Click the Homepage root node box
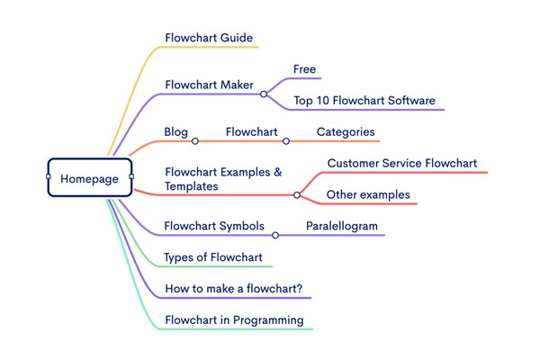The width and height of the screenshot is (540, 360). [x=90, y=178]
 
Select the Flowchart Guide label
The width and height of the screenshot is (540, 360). [x=209, y=38]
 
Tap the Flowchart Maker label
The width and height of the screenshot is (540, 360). [x=209, y=85]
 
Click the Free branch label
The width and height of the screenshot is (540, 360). [x=304, y=69]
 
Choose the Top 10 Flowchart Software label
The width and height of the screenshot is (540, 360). [x=364, y=100]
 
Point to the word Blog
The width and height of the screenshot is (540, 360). [x=175, y=132]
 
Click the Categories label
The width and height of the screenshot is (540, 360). [x=346, y=132]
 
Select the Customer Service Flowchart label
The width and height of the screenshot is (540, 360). [x=401, y=164]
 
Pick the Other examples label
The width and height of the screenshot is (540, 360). [x=368, y=194]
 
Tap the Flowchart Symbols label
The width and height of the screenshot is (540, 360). [x=213, y=226]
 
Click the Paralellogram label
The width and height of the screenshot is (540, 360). [x=341, y=226]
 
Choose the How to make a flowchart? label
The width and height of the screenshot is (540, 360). [x=233, y=289]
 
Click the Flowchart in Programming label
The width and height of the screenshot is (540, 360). [x=234, y=319]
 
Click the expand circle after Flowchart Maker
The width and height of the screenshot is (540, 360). [x=264, y=94]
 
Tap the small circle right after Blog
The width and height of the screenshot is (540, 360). [x=195, y=141]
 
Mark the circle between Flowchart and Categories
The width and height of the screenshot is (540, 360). [x=286, y=141]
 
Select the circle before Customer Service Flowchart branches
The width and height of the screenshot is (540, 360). [x=297, y=194]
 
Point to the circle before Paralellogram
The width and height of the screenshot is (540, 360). [x=275, y=235]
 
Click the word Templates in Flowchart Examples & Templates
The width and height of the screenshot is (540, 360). [x=192, y=186]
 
